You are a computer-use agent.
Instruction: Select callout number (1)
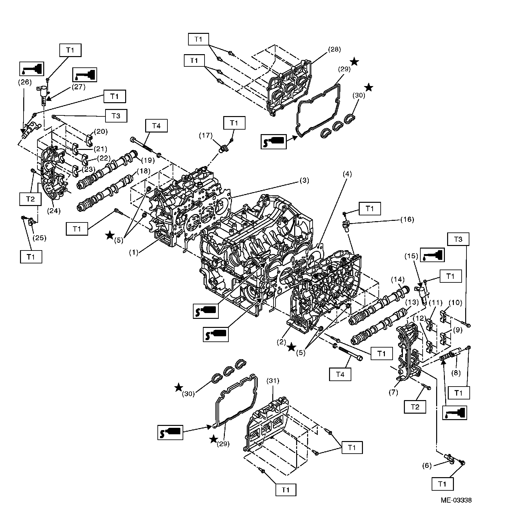(x=134, y=252)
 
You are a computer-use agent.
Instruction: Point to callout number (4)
(x=347, y=174)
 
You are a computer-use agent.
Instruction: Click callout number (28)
(x=334, y=49)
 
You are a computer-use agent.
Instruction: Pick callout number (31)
(x=273, y=380)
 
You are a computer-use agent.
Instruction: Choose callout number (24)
(x=54, y=211)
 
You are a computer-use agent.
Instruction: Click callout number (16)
(x=407, y=219)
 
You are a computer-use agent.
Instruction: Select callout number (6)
(x=427, y=466)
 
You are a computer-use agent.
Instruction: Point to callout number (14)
(x=397, y=279)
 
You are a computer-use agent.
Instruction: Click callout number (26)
(x=25, y=82)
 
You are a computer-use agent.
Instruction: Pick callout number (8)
(x=456, y=373)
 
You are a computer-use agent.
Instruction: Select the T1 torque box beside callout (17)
(x=234, y=123)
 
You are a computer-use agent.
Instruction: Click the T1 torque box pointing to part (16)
(x=370, y=209)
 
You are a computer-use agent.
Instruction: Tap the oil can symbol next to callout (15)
(x=433, y=254)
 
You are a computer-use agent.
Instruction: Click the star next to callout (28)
(x=354, y=62)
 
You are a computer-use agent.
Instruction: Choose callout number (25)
(x=40, y=238)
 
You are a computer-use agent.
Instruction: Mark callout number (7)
(x=393, y=392)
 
